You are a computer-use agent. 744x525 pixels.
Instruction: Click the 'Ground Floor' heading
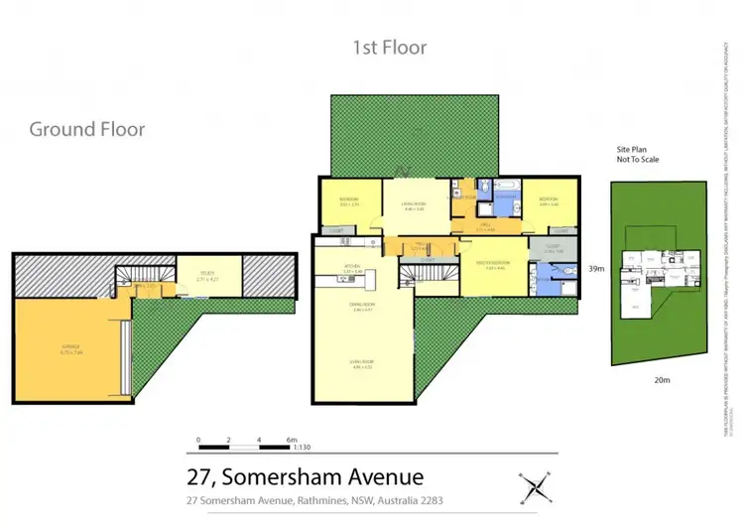click(x=87, y=129)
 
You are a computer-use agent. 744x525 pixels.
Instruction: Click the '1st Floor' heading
click(x=390, y=47)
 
